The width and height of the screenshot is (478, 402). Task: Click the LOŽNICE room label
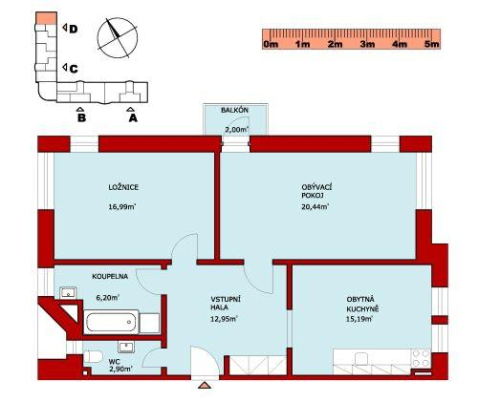[x=123, y=187]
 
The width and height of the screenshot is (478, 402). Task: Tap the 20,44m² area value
[x=315, y=207]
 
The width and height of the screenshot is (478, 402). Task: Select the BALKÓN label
[x=234, y=111]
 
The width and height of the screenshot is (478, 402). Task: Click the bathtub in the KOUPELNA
[x=111, y=322]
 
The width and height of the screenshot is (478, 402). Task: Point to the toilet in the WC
[x=93, y=356]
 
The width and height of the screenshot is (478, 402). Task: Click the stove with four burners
[x=421, y=358]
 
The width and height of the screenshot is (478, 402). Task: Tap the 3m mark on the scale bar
[x=367, y=44]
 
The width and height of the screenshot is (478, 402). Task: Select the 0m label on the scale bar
[x=271, y=44]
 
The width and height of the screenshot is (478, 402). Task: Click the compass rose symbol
[x=118, y=38]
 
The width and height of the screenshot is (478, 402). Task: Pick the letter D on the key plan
[x=74, y=30]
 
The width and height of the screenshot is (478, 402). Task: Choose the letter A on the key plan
[x=133, y=118]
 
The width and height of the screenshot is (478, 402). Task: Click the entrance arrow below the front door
[x=205, y=386]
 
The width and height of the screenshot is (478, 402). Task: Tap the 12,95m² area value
[x=224, y=319]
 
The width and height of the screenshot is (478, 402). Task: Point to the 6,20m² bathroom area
[x=107, y=298]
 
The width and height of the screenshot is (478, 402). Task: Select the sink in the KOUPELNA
[x=68, y=292]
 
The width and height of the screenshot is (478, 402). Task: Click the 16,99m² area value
[x=122, y=207]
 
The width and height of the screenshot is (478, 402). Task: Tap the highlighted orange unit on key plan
[x=46, y=18]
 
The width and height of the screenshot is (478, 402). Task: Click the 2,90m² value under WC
[x=120, y=369]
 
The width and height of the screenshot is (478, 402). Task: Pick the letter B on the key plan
[x=82, y=118]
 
